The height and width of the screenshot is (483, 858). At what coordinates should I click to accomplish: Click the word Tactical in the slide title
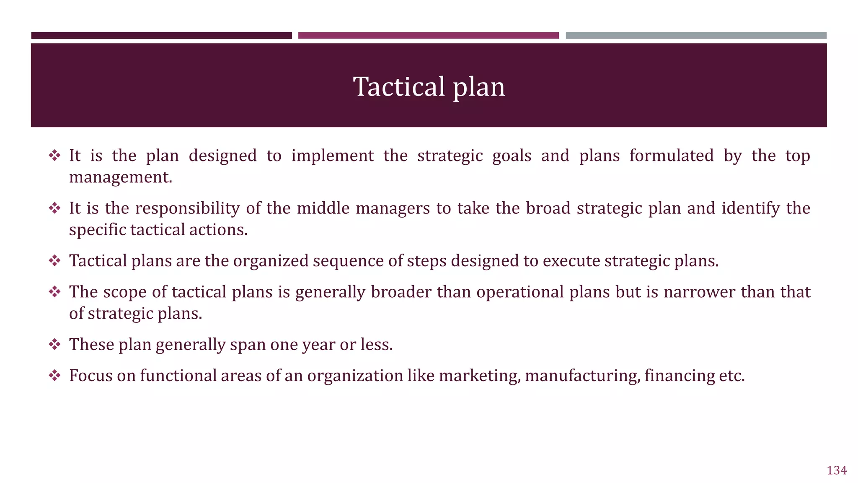(x=398, y=87)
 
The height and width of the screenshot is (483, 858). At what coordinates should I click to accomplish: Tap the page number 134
(x=837, y=470)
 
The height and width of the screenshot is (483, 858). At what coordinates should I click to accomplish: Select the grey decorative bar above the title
(x=696, y=36)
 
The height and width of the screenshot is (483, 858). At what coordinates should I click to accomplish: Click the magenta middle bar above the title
(x=428, y=36)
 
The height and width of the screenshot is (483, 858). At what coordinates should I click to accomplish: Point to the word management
(x=120, y=177)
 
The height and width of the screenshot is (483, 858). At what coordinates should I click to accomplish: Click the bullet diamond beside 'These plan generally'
(x=54, y=345)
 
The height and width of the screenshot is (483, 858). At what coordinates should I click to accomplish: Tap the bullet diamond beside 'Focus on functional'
(x=54, y=376)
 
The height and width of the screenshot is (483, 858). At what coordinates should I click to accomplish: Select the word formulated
(x=671, y=156)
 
